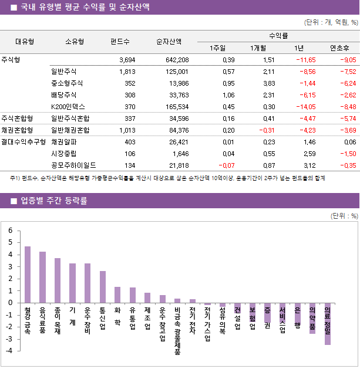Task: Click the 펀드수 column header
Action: [x=120, y=42]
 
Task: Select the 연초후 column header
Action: [x=340, y=48]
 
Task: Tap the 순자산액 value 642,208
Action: [x=176, y=60]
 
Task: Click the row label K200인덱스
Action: [x=68, y=107]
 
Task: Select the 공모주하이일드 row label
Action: [x=73, y=165]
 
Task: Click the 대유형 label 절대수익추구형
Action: [x=23, y=142]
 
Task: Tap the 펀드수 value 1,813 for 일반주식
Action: [x=127, y=72]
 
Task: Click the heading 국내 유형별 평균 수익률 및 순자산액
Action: [x=85, y=7]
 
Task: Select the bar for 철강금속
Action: [x=28, y=274]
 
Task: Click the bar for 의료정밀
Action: [x=327, y=324]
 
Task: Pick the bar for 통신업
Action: [x=103, y=287]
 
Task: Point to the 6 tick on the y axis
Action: [x=10, y=231]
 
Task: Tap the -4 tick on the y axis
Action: [x=9, y=351]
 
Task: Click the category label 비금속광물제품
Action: [x=177, y=331]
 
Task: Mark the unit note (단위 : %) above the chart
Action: [x=344, y=215]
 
